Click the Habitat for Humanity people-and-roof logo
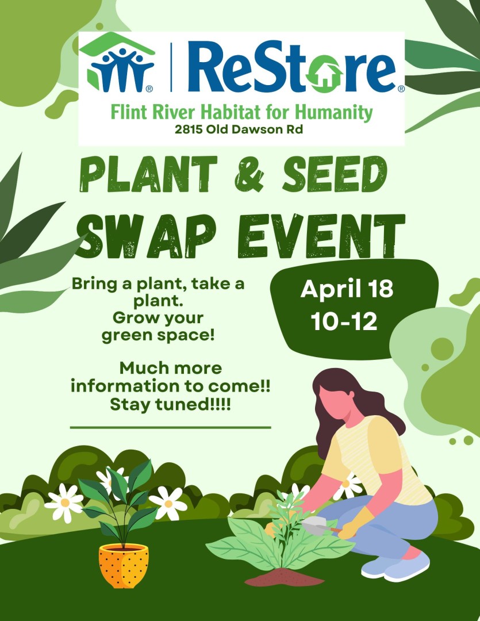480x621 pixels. coord(118,63)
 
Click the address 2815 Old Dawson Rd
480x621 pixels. coord(239,129)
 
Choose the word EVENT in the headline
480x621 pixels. coord(321,236)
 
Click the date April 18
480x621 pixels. coord(347,289)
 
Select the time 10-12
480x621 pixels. coord(344,321)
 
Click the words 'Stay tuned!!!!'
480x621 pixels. coord(170,405)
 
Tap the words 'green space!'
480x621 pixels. coord(158,336)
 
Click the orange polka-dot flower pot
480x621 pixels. coord(124,566)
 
